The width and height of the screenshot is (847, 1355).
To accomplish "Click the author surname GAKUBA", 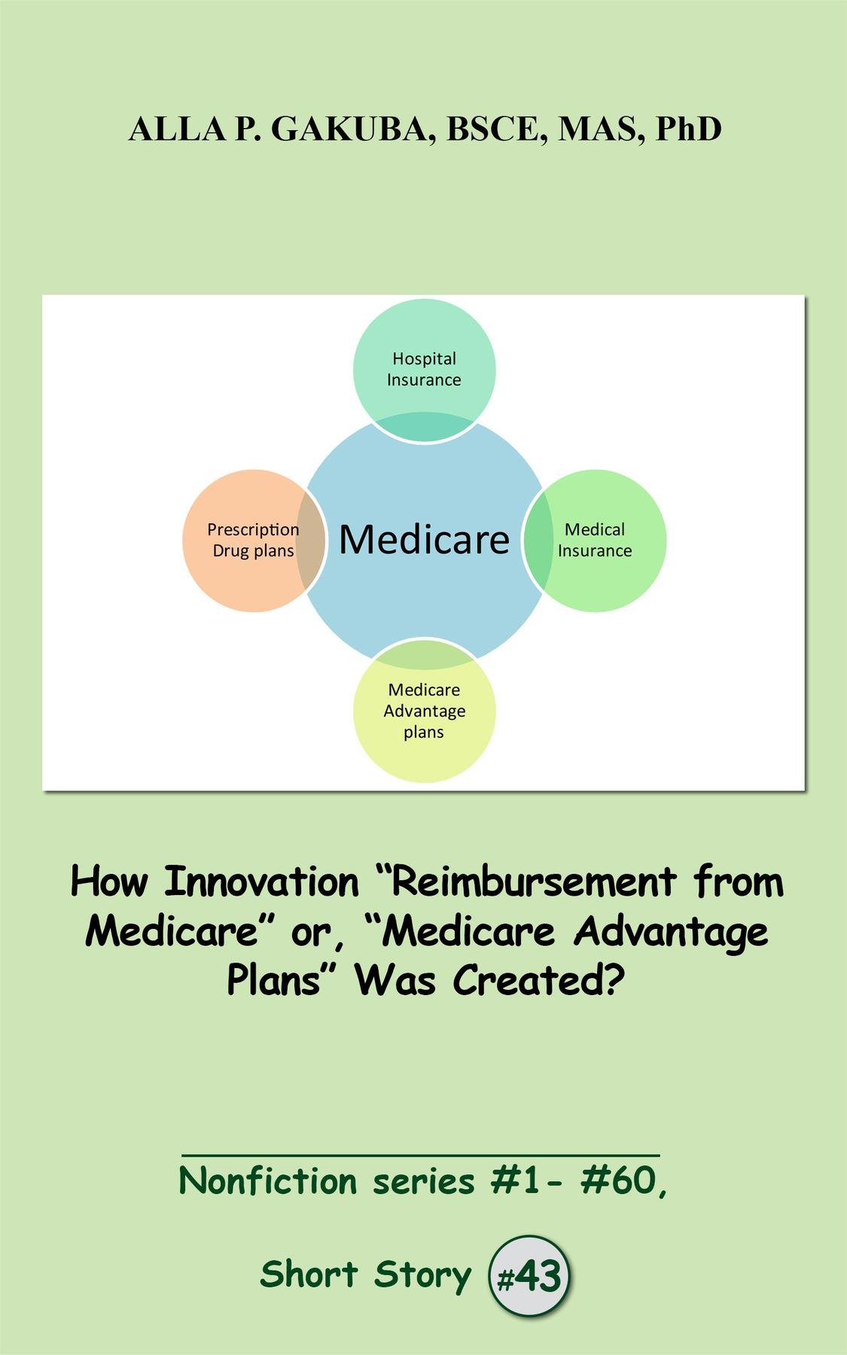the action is (x=354, y=129).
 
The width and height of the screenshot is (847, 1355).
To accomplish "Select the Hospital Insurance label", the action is (x=424, y=369).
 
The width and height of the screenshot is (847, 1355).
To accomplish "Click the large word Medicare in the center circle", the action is (x=424, y=539).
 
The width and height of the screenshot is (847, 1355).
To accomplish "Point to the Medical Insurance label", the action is (x=595, y=540).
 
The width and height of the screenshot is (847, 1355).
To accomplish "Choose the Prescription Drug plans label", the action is (x=253, y=540).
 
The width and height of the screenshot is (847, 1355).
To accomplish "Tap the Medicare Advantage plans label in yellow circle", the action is (x=425, y=711).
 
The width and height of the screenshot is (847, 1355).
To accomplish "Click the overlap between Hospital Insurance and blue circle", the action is (x=425, y=427).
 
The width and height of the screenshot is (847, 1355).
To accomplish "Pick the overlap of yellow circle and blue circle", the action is (x=425, y=653).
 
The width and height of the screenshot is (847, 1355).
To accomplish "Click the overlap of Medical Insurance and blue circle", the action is (x=538, y=540).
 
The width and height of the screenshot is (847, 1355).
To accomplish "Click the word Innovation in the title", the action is (x=261, y=882).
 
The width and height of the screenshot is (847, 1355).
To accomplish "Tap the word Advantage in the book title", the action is (x=671, y=933).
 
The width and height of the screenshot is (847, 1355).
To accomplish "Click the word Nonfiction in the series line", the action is (x=267, y=1181).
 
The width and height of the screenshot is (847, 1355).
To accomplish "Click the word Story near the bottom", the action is (x=422, y=1275).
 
